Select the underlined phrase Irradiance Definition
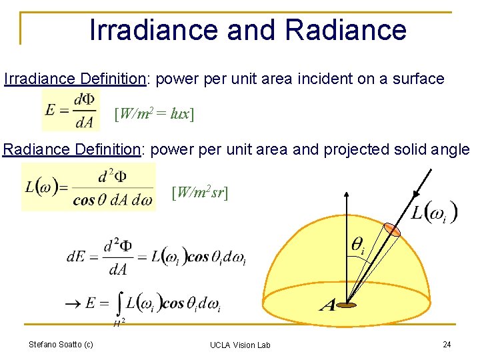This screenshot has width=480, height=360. [75, 79]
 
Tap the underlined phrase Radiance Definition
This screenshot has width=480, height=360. [72, 149]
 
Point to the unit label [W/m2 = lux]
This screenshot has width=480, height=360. [154, 114]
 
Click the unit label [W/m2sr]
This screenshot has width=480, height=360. [200, 193]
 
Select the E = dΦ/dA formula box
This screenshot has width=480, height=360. [69, 111]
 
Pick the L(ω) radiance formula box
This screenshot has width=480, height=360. [88, 187]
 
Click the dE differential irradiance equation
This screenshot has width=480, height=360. [157, 257]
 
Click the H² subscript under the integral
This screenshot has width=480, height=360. [119, 323]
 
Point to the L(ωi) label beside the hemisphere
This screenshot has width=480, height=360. [433, 213]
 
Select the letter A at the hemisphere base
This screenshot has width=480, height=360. [327, 306]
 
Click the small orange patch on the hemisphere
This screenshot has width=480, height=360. [393, 230]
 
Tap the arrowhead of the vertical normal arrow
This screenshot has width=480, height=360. [347, 194]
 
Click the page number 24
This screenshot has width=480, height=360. [447, 344]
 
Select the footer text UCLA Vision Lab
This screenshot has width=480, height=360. [240, 345]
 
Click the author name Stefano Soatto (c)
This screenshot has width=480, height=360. [61, 344]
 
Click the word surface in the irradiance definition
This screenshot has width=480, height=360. [418, 79]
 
